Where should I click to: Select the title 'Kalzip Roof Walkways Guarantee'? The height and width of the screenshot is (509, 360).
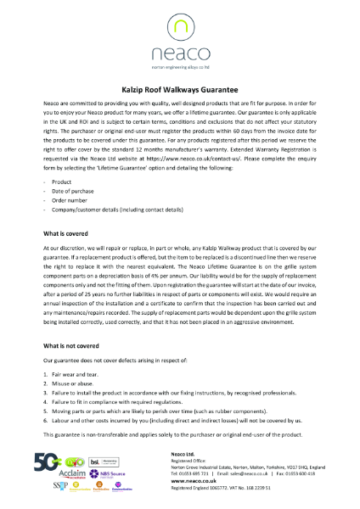[180, 88]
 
